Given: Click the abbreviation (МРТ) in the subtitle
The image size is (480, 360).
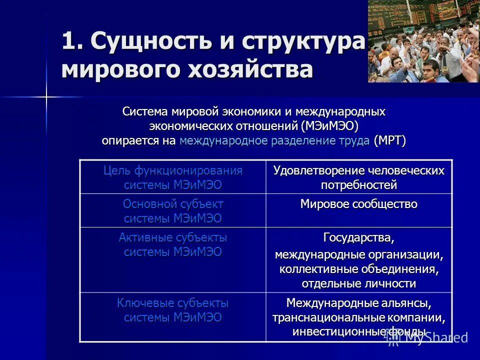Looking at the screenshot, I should pyautogui.click(x=389, y=140).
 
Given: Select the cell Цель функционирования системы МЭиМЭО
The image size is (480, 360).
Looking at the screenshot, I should pyautogui.click(x=172, y=177).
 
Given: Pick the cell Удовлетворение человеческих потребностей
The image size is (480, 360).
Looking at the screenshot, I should pyautogui.click(x=358, y=177).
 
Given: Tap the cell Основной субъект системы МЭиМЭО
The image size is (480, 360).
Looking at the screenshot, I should pyautogui.click(x=172, y=211).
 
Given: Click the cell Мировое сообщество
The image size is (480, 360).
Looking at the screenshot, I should pyautogui.click(x=358, y=204).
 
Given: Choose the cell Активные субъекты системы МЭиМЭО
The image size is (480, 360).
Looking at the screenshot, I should pyautogui.click(x=172, y=244).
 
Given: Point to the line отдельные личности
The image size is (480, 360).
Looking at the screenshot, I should pyautogui.click(x=358, y=283).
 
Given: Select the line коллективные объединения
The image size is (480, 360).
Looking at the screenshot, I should pyautogui.click(x=358, y=269).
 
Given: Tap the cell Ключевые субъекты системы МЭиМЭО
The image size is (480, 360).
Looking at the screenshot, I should pyautogui.click(x=172, y=310).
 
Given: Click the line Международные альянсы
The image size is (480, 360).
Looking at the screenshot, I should pyautogui.click(x=358, y=303).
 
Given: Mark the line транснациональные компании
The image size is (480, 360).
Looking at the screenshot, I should pyautogui.click(x=358, y=317).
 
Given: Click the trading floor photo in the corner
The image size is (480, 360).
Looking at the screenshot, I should pyautogui.click(x=423, y=41).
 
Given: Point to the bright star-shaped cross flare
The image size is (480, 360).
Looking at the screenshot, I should pyautogui.click(x=46, y=96).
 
